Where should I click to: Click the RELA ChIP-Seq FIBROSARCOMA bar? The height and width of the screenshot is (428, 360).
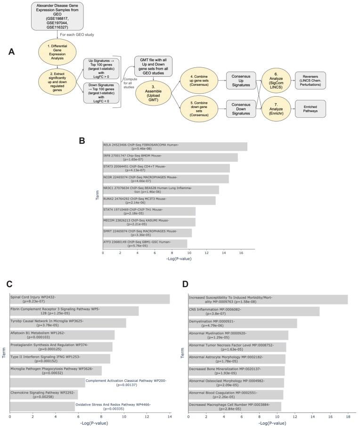pos(175,146)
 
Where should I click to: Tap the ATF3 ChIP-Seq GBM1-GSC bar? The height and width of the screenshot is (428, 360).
pos(145,244)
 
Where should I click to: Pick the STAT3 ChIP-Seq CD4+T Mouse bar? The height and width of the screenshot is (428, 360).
pos(166,168)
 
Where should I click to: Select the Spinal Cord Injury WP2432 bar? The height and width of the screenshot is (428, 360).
pos(90,299)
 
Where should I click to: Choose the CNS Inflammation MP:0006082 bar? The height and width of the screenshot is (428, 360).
pos(254,311)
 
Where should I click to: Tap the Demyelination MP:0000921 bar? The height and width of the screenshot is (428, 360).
pos(243,323)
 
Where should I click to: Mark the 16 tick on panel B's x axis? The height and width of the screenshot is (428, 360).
pos(241,253)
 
